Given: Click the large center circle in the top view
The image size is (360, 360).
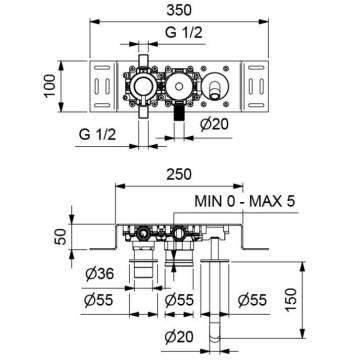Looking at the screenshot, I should [x=180, y=88].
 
